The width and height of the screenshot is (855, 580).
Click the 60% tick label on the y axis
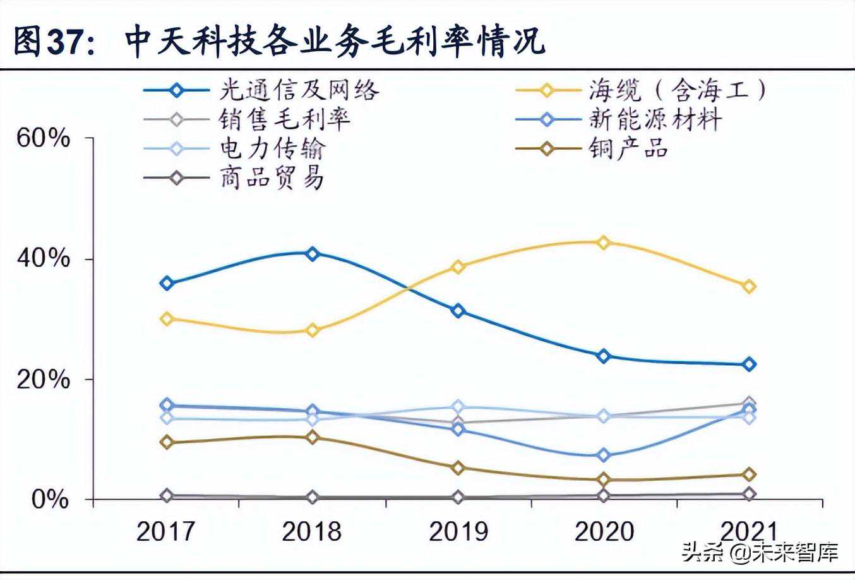[42, 138]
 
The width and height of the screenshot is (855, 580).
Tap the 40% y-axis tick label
[42, 258]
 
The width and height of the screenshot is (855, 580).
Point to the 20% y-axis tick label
[42, 379]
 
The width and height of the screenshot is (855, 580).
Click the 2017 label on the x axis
[166, 531]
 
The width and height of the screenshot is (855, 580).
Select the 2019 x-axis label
[458, 531]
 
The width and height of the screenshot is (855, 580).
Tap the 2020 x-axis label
[604, 531]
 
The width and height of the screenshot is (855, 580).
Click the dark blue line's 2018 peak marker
[312, 254]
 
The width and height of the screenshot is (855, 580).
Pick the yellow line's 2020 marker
[603, 242]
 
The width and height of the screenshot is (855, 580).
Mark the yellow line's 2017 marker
[167, 318]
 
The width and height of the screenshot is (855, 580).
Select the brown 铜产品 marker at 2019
[458, 468]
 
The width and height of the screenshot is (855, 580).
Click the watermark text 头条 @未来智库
[760, 552]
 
